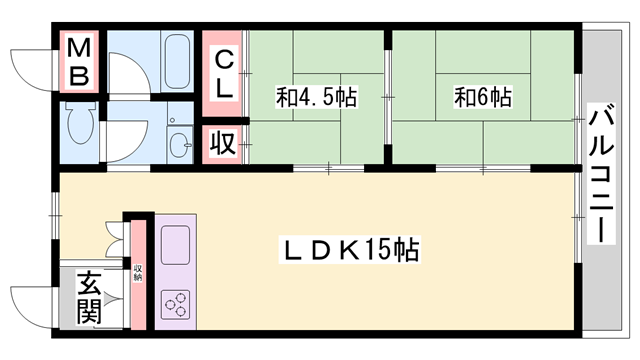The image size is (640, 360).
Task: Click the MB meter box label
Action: [80, 62]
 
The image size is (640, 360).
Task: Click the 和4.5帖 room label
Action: [316, 99]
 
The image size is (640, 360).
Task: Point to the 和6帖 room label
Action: [483, 99]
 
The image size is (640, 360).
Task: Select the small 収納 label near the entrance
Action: [138, 271]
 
